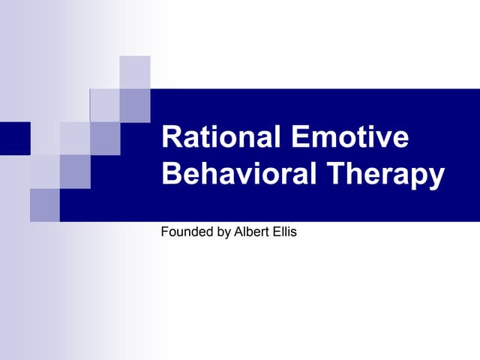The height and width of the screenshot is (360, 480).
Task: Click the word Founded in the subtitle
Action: tap(186, 232)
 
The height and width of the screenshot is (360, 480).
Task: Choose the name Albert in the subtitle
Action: tap(251, 232)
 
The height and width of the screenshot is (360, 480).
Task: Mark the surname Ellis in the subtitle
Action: tap(284, 232)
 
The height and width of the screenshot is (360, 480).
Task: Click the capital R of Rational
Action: tap(171, 139)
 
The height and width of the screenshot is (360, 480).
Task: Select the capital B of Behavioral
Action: tap(171, 175)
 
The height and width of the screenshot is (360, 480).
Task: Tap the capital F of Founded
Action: tap(164, 232)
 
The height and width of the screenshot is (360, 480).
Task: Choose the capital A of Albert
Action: tap(238, 232)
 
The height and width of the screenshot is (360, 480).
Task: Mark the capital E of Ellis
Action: tap(274, 232)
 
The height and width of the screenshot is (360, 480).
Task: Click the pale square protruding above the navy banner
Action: tap(135, 72)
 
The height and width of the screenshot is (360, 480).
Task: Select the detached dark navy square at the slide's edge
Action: tap(15, 138)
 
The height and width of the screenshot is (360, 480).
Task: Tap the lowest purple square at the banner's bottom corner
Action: tap(45, 205)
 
